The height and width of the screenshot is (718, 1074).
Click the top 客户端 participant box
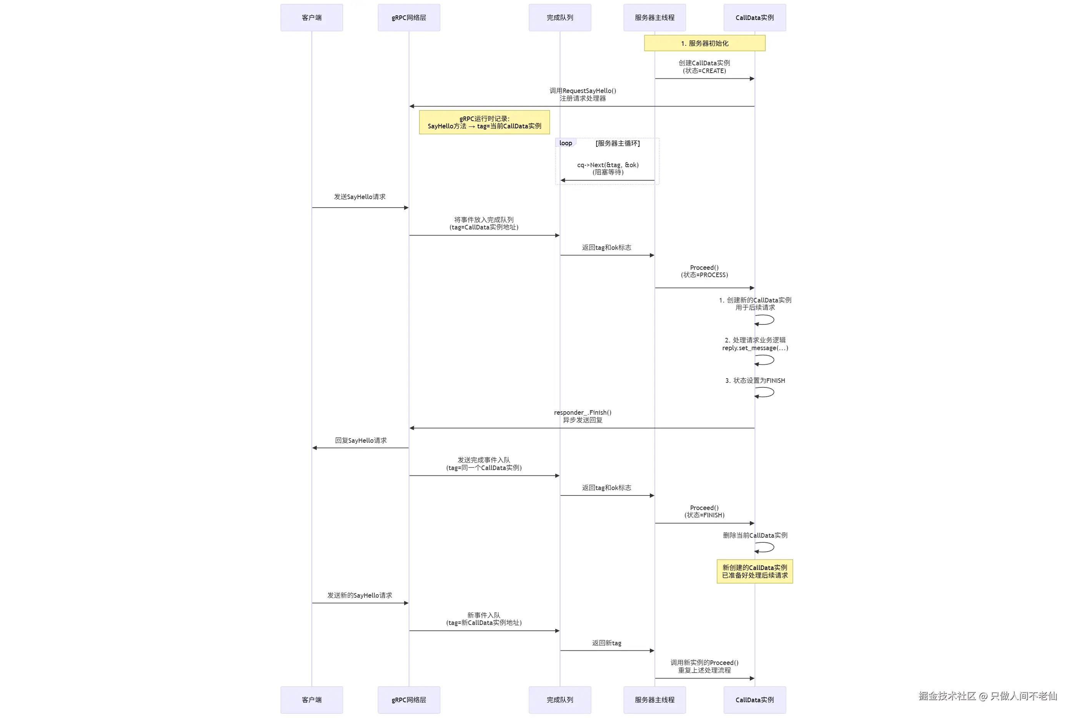point(311,18)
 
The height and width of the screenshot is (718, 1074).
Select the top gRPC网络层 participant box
point(408,18)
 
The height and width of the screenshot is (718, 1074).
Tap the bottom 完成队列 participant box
point(559,700)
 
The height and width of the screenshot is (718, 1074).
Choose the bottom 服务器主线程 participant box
point(654,700)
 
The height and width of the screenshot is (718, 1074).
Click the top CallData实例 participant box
point(754,18)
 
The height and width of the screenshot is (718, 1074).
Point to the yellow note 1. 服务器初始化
point(704,43)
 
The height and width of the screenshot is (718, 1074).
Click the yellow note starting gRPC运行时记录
point(484,122)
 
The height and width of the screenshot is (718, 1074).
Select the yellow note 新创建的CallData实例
point(754,572)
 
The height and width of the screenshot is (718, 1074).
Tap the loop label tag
point(566,143)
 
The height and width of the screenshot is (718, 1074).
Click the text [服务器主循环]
point(618,143)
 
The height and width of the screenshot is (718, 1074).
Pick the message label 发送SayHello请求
point(360,197)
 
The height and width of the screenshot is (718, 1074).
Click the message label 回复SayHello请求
point(361,440)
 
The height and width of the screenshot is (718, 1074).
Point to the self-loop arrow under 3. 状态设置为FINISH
point(765,392)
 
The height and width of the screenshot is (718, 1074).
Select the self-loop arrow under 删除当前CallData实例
point(765,548)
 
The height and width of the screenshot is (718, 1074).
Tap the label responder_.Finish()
point(583,412)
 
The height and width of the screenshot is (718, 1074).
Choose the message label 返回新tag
point(606,643)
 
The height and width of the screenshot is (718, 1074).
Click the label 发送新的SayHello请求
point(360,595)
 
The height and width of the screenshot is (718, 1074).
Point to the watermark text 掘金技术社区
point(947,696)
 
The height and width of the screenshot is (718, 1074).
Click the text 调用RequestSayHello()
point(583,91)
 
